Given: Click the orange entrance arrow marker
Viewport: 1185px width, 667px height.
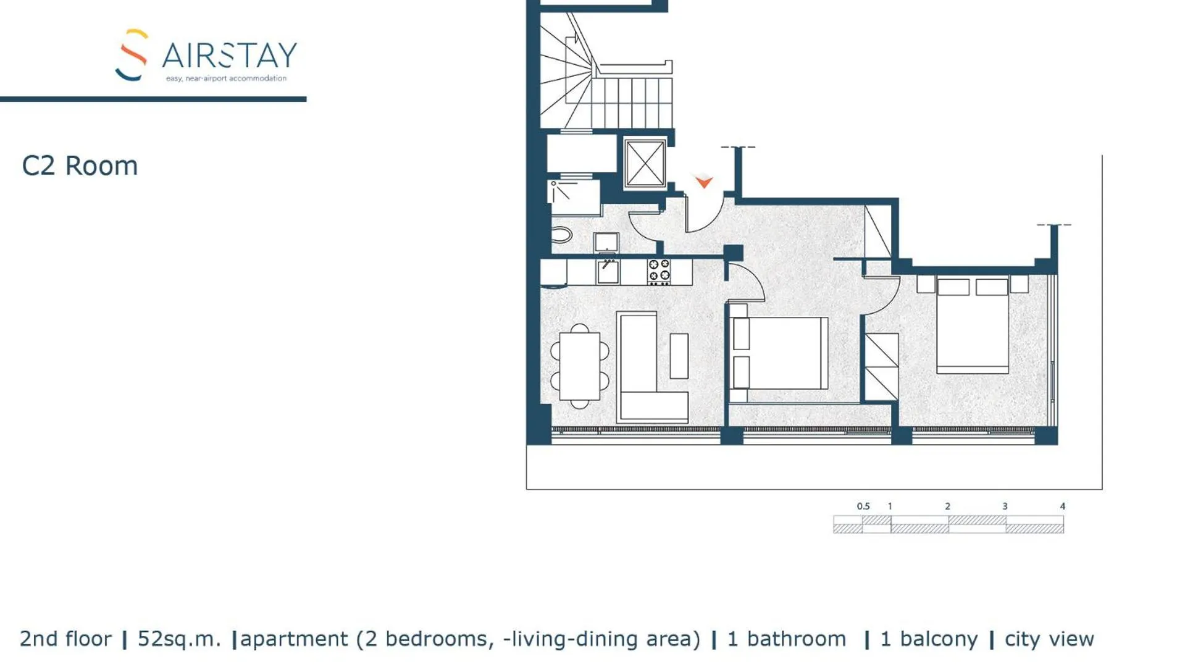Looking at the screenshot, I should [703, 182].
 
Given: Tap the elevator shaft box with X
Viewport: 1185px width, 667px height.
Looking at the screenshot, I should [644, 163].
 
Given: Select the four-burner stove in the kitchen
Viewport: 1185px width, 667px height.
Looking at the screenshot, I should [659, 272].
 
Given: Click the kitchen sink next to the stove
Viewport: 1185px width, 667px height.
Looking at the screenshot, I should [608, 272].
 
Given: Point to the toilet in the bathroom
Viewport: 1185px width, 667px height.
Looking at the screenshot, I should [561, 235].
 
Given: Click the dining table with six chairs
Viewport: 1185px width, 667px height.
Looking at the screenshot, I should [579, 366].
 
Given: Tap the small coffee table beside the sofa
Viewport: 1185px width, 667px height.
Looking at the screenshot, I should [679, 356].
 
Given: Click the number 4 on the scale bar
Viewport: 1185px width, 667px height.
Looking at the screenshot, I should [1062, 506].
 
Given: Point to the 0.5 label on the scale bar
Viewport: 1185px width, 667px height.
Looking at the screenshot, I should [863, 506].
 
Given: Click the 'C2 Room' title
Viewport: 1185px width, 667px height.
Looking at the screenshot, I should [80, 166].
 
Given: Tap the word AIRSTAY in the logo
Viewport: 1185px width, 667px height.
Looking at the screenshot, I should [229, 56].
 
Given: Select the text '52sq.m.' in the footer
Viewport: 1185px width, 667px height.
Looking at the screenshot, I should [179, 639].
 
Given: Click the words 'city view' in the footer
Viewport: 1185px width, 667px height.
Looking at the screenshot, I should [1049, 639].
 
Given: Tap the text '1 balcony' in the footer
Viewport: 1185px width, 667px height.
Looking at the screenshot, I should [928, 639].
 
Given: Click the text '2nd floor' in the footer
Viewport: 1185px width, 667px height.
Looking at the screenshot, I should [65, 639].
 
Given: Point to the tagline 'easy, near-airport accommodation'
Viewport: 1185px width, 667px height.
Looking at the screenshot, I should [226, 78].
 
